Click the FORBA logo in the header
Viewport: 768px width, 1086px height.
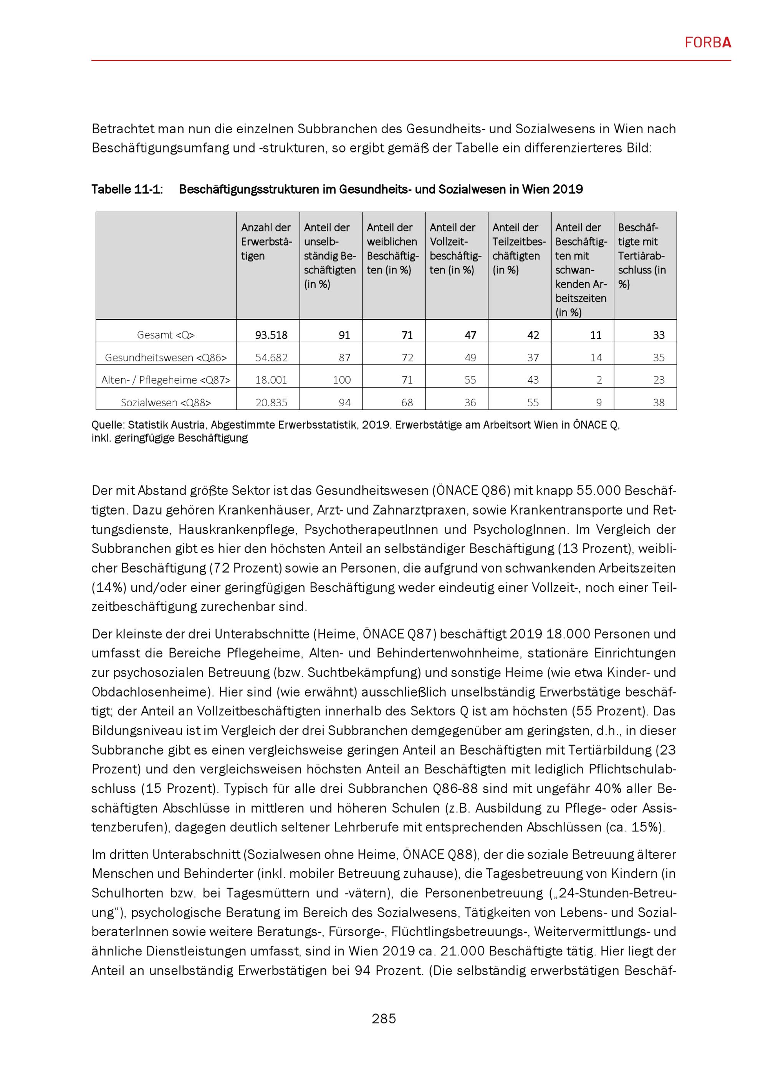pyautogui.click(x=707, y=43)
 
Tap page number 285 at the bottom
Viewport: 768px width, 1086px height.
pyautogui.click(x=384, y=1018)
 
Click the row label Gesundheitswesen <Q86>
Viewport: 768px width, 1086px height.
pyautogui.click(x=166, y=358)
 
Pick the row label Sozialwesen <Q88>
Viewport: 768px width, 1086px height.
pyautogui.click(x=166, y=402)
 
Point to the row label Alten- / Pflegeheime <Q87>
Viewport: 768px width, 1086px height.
pyautogui.click(x=166, y=380)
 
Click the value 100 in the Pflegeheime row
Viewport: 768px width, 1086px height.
pyautogui.click(x=341, y=380)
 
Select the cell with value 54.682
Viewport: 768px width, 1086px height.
pyautogui.click(x=271, y=358)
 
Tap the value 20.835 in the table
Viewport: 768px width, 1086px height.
pyautogui.click(x=271, y=402)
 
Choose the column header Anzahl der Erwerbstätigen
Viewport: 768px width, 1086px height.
pyautogui.click(x=266, y=242)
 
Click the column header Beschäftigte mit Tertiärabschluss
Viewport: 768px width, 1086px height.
pyautogui.click(x=642, y=256)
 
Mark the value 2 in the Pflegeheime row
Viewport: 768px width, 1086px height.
pyautogui.click(x=599, y=380)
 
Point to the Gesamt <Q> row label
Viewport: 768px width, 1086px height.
pyautogui.click(x=166, y=335)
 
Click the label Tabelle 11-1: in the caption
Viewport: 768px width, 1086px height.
pyautogui.click(x=127, y=190)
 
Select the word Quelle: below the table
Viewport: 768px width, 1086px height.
pyautogui.click(x=108, y=425)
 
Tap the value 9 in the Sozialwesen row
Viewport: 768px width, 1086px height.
pyautogui.click(x=599, y=402)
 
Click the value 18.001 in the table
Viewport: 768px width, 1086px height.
pyautogui.click(x=271, y=380)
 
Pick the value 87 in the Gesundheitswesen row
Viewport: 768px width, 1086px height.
pyautogui.click(x=344, y=358)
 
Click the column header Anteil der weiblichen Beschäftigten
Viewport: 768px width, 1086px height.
pyautogui.click(x=392, y=249)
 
